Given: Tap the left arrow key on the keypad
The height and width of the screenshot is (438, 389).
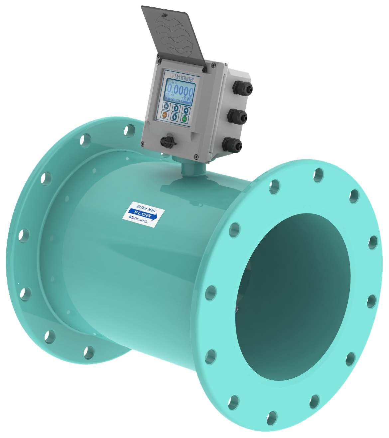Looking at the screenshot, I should pyautogui.click(x=166, y=107).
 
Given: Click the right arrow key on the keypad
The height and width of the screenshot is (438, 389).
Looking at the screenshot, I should pyautogui.click(x=186, y=110).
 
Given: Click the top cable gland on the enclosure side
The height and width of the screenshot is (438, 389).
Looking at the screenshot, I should pyautogui.click(x=244, y=88).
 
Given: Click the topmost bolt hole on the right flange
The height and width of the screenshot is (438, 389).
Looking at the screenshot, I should pyautogui.click(x=319, y=174).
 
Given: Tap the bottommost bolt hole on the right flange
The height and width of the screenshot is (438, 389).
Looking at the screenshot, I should pyautogui.click(x=272, y=415).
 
